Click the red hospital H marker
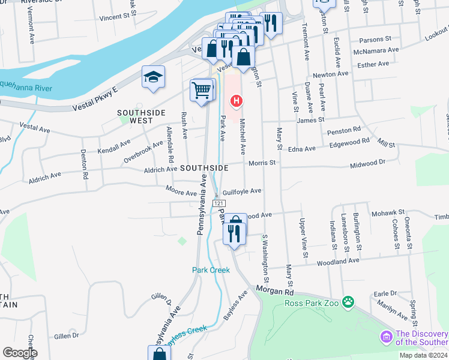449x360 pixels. point(237,101)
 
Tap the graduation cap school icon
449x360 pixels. point(153,77)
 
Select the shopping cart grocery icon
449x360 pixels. point(202,90)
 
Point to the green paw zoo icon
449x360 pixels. point(348,301)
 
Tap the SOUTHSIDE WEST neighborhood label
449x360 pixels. point(140,116)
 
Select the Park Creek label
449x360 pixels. point(211,270)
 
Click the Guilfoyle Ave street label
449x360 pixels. point(242,191)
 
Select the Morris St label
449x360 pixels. point(262,163)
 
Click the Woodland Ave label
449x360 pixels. point(339,261)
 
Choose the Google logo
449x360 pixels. point(20,353)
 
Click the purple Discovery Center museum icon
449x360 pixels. point(385,338)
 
